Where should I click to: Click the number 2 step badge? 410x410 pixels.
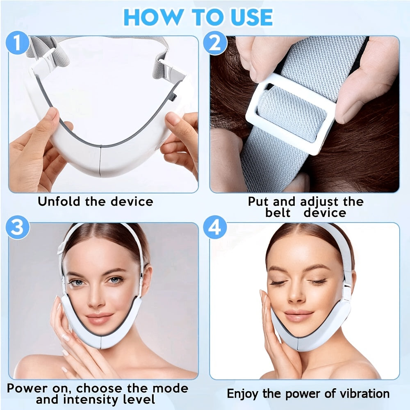[x=215, y=44]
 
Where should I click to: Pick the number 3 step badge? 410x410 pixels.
[x=18, y=228]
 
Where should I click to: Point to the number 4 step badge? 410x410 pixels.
[x=215, y=228]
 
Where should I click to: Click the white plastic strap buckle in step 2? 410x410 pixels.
[x=289, y=113]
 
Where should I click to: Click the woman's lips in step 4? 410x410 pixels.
[x=298, y=316]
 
